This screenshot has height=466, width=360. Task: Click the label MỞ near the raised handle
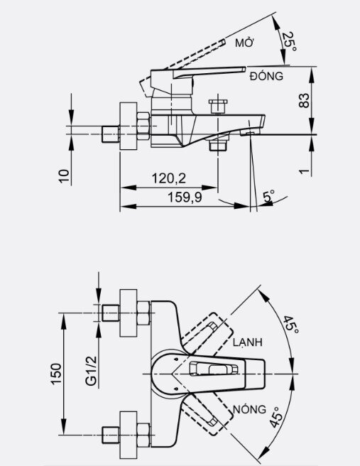coord(245,43)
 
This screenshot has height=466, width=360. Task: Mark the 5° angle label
coord(269,197)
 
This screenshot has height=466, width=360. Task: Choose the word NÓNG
coord(249,410)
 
